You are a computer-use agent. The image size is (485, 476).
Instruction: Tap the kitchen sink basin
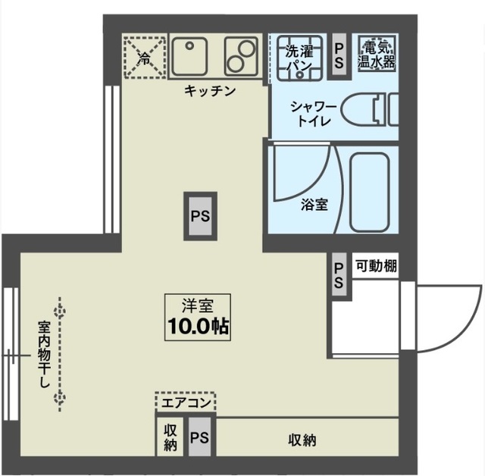pyautogui.click(x=190, y=55)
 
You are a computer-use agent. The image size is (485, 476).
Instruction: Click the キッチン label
pyautogui.click(x=210, y=91)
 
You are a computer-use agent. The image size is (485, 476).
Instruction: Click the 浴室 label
pyautogui.click(x=314, y=205)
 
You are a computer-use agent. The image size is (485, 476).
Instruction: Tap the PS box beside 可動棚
pyautogui.click(x=339, y=274)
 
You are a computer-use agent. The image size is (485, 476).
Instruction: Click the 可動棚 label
pyautogui.click(x=377, y=266)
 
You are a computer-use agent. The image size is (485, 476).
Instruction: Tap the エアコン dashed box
pyautogui.click(x=186, y=402)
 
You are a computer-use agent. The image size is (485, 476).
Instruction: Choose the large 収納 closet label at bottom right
pyautogui.click(x=302, y=440)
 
